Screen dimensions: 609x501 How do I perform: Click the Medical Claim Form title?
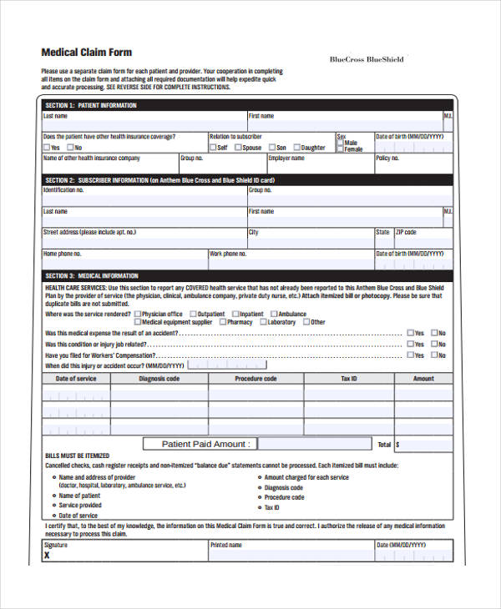point(87,52)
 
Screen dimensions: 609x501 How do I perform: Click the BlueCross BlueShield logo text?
point(367,59)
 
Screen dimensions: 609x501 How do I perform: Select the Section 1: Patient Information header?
point(91,106)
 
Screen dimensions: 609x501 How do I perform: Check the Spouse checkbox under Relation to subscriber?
point(238,148)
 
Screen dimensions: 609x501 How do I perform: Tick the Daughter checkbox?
point(295,148)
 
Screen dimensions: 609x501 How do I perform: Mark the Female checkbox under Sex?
point(340,149)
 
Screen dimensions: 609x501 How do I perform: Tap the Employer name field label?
point(286,158)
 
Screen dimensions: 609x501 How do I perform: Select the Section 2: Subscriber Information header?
point(159,180)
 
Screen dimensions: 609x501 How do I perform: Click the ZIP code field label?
point(406,233)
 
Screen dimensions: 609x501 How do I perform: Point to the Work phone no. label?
point(228,254)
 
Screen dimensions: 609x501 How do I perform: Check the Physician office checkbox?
point(138,315)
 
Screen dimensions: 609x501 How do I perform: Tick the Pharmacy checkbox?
point(223,322)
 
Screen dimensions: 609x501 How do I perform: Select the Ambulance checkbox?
point(273,315)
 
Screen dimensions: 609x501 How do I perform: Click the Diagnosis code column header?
point(159,379)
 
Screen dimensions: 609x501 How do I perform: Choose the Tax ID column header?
point(348,379)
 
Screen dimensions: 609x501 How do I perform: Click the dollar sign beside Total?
point(398,445)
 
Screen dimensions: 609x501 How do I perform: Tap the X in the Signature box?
point(47,555)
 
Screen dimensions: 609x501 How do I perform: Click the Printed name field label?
point(226,545)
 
